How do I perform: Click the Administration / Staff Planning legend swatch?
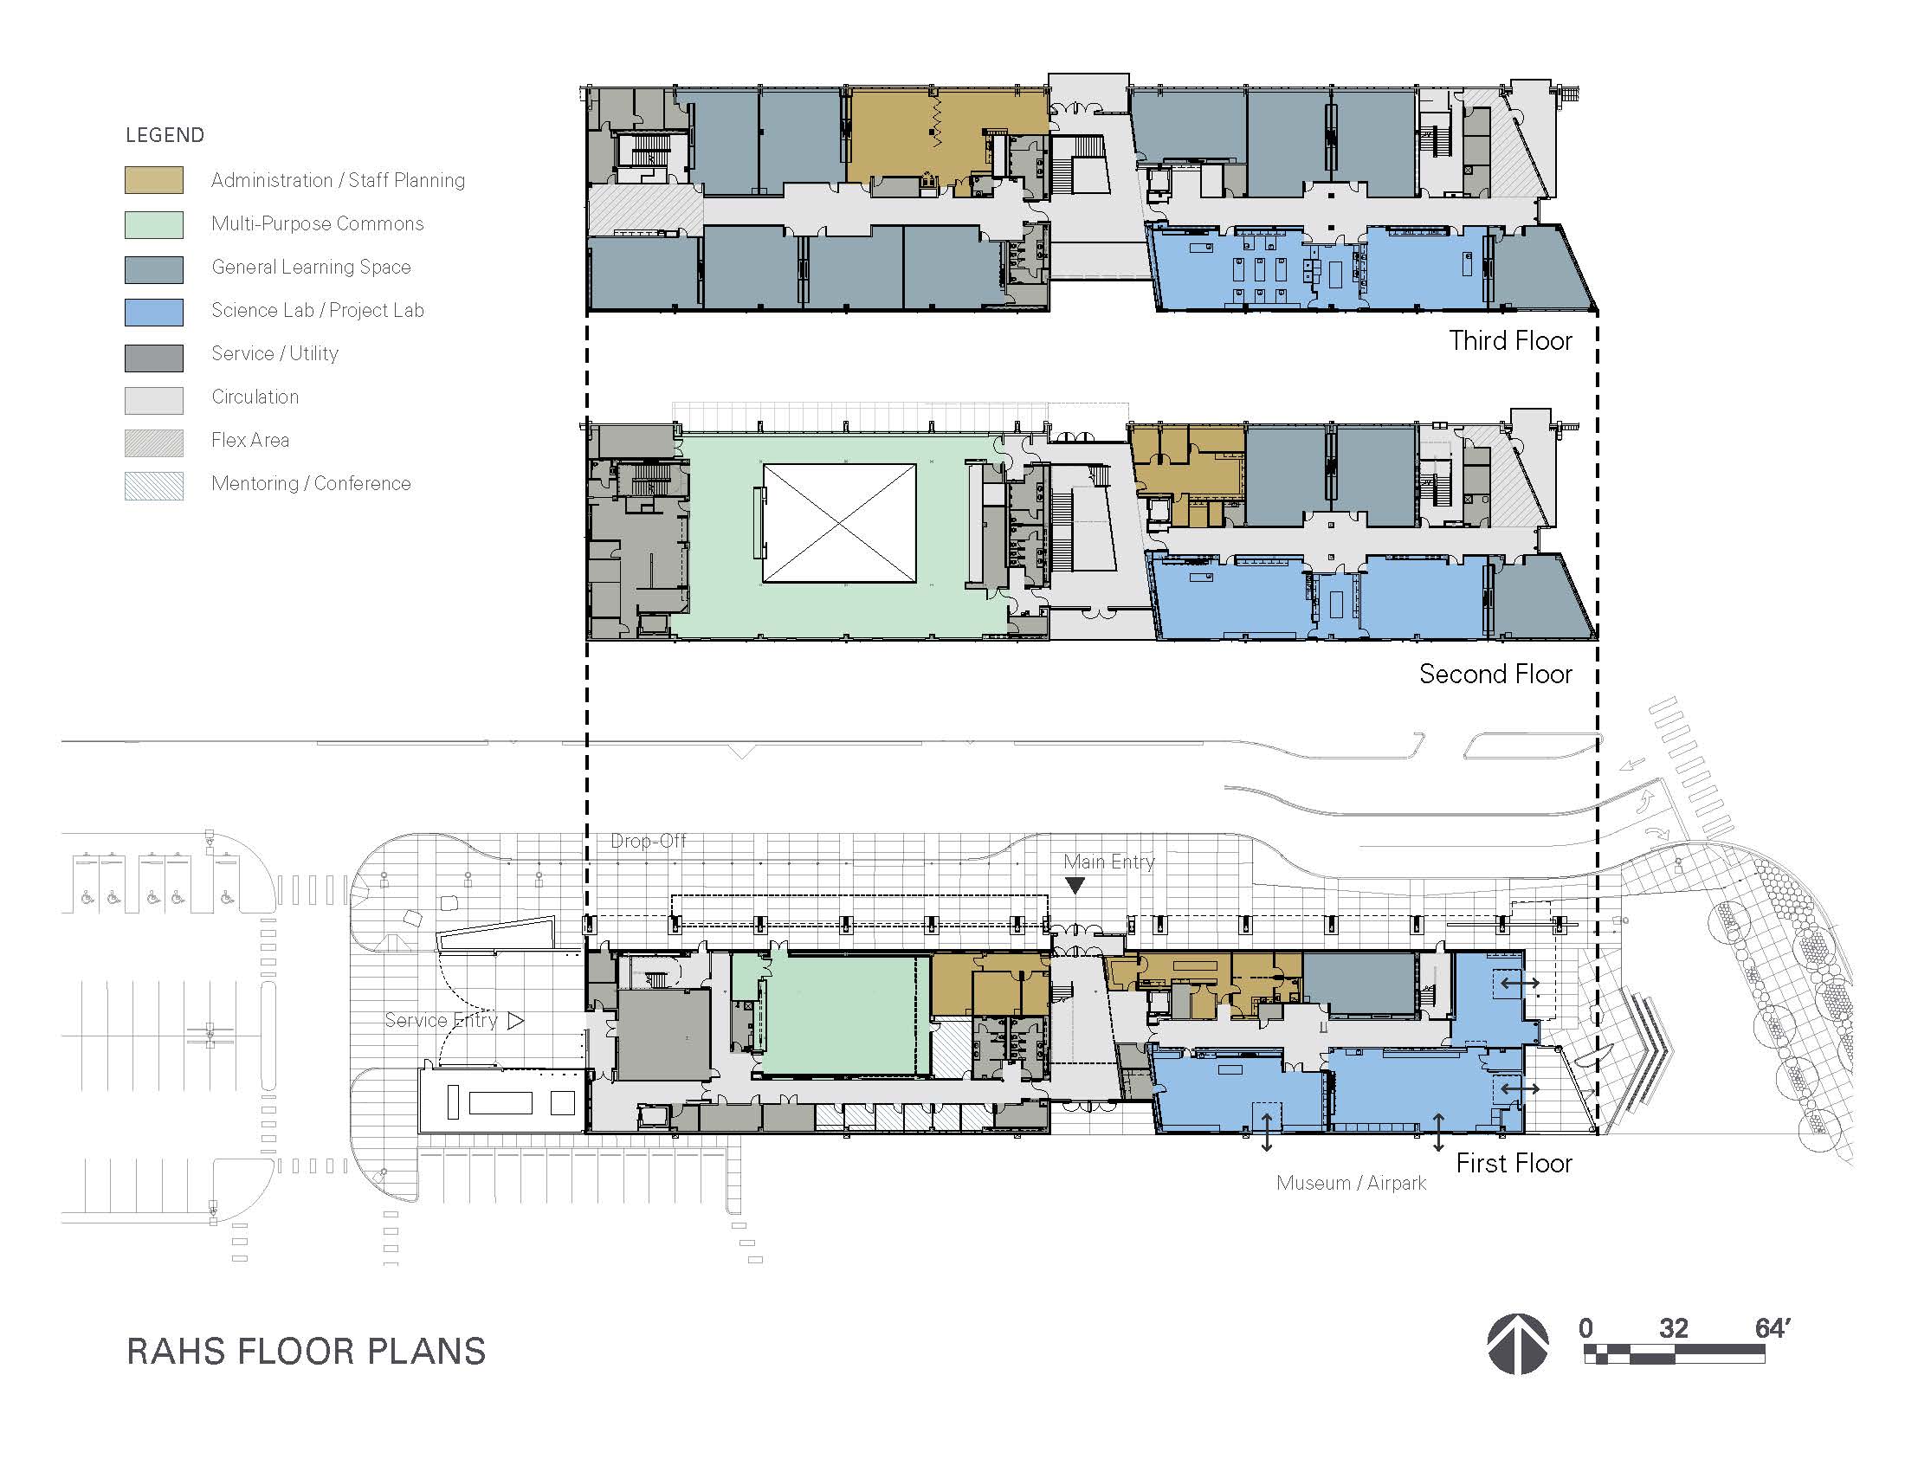click(153, 179)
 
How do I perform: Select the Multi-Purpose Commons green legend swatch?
click(153, 224)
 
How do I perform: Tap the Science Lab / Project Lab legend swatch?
click(153, 312)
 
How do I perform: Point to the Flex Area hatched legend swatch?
click(153, 442)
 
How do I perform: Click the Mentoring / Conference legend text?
click(311, 483)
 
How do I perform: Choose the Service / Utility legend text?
click(274, 353)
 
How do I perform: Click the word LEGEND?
click(165, 135)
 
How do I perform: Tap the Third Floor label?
click(1510, 340)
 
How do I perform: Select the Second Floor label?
click(1495, 673)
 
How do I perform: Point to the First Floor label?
click(1514, 1162)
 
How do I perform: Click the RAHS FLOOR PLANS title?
click(307, 1351)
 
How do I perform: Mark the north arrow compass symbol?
click(1518, 1344)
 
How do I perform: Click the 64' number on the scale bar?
click(1773, 1328)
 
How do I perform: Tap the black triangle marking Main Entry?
click(1075, 885)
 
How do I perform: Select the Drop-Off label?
click(648, 841)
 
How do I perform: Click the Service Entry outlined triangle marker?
click(515, 1020)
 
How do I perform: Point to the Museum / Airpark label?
click(1351, 1183)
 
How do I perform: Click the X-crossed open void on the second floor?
click(839, 523)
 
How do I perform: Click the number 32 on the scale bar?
click(1673, 1328)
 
